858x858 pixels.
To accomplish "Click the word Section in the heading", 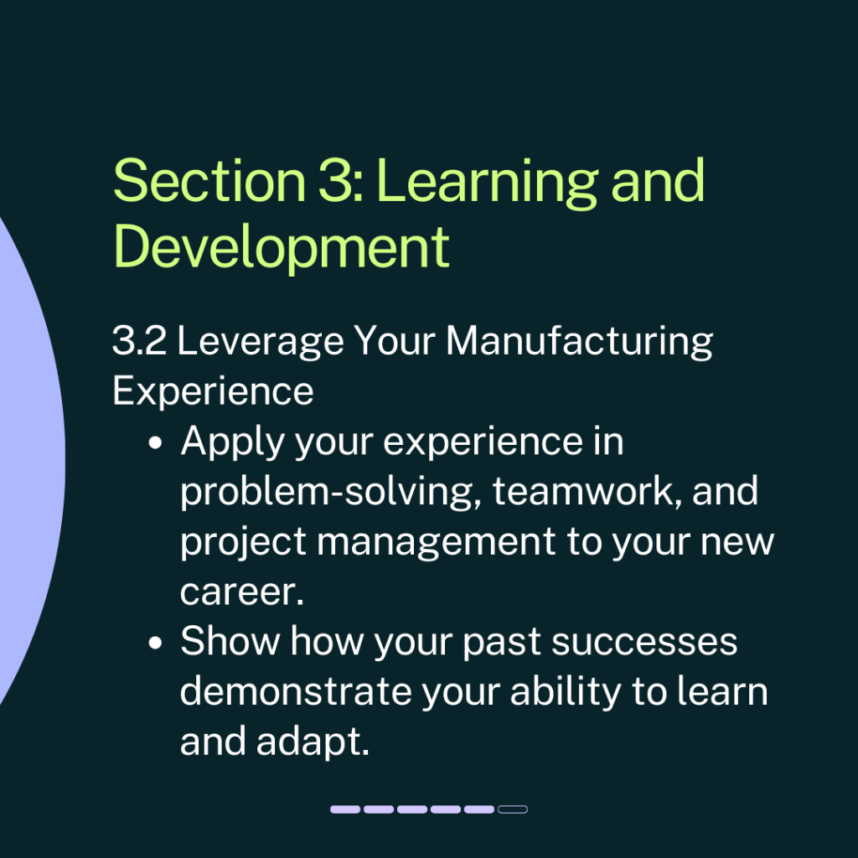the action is pos(209,181).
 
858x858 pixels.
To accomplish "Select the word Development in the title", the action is pos(282,247).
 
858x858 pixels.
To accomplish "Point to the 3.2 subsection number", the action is pos(139,340).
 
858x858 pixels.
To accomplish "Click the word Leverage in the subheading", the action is pos(261,343).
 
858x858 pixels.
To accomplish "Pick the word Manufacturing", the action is pos(580,343).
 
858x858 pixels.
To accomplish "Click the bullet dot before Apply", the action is pos(155,442).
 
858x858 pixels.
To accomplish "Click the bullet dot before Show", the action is pos(155,642).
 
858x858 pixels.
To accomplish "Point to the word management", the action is pos(437,543).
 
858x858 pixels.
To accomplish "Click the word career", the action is pos(242,592).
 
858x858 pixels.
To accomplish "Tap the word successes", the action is pos(644,642).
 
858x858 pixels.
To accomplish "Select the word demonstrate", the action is pos(296,691).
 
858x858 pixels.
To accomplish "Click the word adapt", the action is pos(313,742).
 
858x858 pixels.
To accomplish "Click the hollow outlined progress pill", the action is pos(513,809).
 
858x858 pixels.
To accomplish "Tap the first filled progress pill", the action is pos(345,809).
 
